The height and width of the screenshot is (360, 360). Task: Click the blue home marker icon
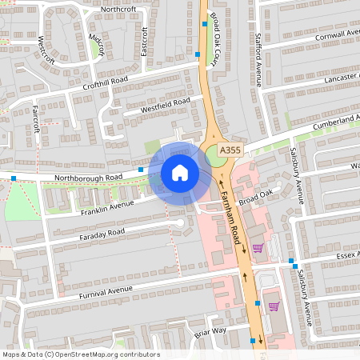pos(180,172)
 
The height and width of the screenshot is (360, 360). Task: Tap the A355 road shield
pos(230,150)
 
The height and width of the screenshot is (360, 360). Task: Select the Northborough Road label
pos(88,177)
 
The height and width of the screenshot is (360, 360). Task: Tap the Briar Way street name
pos(210,330)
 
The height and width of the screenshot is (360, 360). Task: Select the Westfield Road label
pos(165,104)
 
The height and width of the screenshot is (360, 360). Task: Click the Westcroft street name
pos(46,49)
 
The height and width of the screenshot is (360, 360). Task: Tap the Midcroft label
pos(96,44)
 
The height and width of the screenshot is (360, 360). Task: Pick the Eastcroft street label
pos(145,41)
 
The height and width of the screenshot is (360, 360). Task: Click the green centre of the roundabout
pos(216,155)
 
